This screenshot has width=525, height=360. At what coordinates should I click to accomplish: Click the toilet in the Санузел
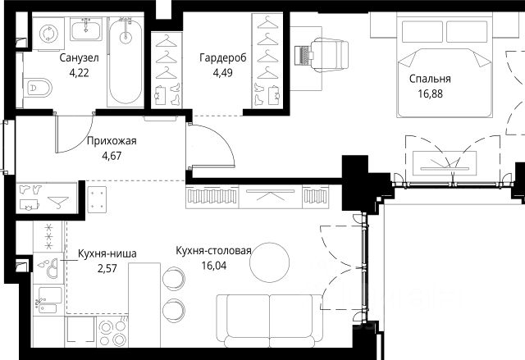coord(38,88)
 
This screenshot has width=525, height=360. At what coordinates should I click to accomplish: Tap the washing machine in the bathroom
coord(48,34)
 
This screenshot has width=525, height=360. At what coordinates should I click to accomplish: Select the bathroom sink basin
coord(85,29)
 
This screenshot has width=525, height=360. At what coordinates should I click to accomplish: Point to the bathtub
coord(126,61)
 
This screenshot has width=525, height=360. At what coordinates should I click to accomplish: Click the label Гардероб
coord(223,57)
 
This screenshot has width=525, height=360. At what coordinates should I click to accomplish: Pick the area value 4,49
coord(222,73)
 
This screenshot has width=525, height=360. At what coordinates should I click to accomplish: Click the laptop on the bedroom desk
coord(304,55)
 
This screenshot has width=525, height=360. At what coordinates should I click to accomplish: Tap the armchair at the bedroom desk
coord(330,55)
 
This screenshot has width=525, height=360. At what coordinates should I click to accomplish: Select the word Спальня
coord(430,79)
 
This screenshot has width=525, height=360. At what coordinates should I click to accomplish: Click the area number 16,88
coord(430,93)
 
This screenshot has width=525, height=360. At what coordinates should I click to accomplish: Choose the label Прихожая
coord(112,141)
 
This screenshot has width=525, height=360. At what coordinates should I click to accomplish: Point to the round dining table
coord(269,262)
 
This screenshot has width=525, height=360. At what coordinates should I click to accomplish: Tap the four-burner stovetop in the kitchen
coord(112,332)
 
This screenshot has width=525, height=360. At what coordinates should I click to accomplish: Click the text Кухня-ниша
coord(107,253)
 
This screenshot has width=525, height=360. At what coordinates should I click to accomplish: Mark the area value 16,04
coord(214,266)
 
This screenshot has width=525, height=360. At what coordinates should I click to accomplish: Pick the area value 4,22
coord(80,73)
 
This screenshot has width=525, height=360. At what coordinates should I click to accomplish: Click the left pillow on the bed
coord(422,31)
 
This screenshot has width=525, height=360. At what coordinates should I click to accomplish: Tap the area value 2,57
coord(107,268)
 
